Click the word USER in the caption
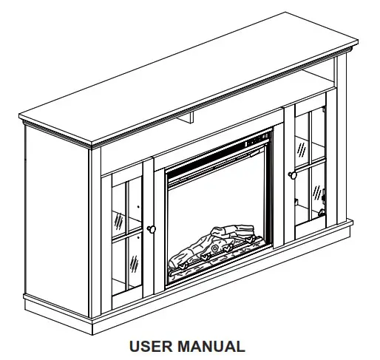coord(151,346)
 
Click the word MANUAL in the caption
coord(211,346)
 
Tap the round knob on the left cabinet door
coord(152,229)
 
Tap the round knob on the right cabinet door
coord(293,175)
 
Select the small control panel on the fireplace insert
coord(257,140)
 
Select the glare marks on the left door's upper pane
coord(119,221)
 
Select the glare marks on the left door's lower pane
coord(134,264)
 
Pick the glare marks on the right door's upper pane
coord(302,150)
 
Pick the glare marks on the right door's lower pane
coord(317,193)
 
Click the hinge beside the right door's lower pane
coord(323,197)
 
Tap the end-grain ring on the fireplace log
coord(215,248)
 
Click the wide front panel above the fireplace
coord(192,141)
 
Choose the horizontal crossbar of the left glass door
coord(127,234)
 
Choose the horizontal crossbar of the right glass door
coord(310,165)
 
